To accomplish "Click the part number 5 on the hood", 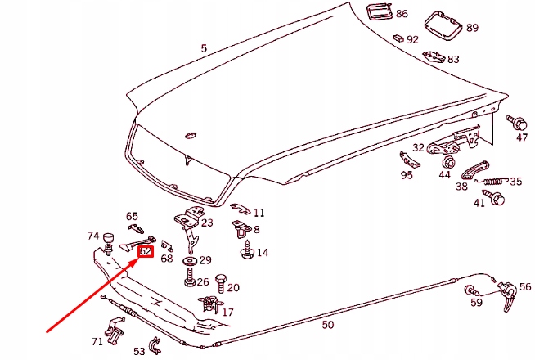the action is (204, 48).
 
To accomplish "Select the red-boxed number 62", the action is (146, 252).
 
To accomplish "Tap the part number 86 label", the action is (402, 14).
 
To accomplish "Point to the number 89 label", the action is (472, 28).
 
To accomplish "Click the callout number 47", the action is (521, 137).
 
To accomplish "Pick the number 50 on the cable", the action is (327, 325).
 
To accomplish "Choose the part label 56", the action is (524, 288).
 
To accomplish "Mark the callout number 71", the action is (97, 341).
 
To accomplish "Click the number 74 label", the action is (93, 236).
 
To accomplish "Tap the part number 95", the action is (407, 175).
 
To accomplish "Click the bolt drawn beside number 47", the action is (518, 123).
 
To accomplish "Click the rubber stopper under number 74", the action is (107, 241).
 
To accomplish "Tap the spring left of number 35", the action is (493, 180).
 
